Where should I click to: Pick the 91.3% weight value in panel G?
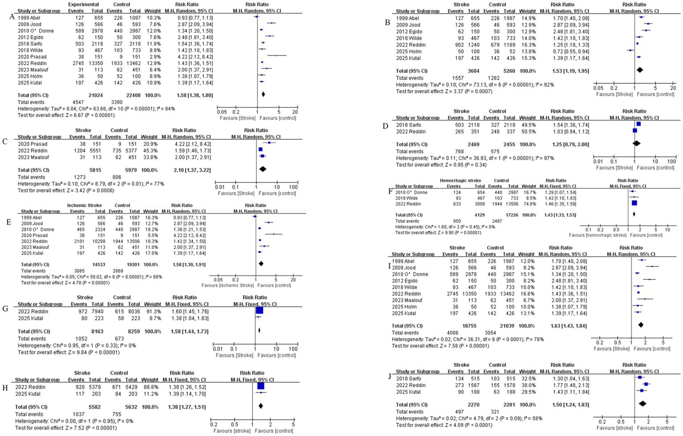[150, 311]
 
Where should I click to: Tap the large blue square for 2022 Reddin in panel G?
[259, 311]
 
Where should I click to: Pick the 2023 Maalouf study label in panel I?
[408, 300]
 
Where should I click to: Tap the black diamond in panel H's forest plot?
[260, 406]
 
